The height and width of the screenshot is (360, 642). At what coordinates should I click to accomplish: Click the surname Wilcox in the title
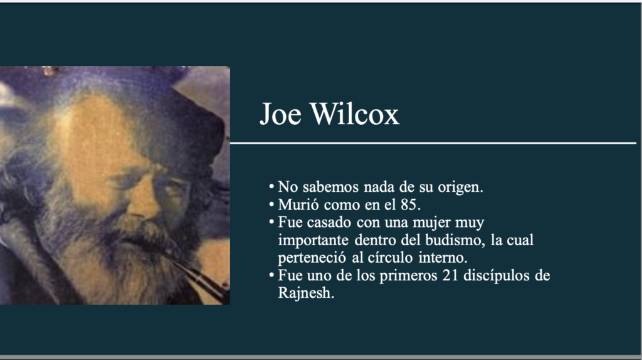[355, 114]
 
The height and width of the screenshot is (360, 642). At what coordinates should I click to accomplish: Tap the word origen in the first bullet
[460, 188]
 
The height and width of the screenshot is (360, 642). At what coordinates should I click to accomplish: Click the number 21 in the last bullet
[450, 275]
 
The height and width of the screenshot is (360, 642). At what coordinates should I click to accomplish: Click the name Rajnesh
[306, 294]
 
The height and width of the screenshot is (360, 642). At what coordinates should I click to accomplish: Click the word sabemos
[330, 187]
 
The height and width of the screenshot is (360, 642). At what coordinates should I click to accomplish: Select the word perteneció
[312, 258]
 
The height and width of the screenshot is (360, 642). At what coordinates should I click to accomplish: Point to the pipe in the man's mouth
[196, 275]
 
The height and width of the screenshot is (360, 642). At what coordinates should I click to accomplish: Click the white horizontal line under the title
[433, 144]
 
